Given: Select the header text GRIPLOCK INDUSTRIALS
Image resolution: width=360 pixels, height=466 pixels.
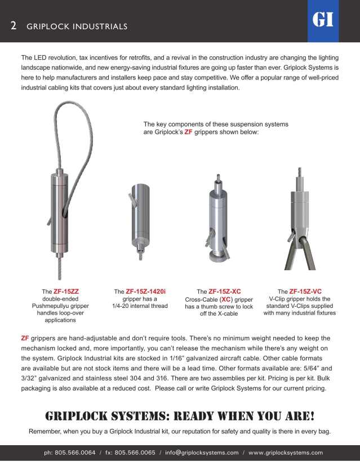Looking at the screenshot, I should point(77,27).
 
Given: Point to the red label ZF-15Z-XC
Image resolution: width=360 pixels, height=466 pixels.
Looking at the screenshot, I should point(225,292).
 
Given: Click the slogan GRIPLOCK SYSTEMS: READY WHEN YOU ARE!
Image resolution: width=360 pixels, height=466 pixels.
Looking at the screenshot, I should point(180,417).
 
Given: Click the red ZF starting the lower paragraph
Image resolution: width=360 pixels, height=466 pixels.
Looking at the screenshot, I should point(25,338).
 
